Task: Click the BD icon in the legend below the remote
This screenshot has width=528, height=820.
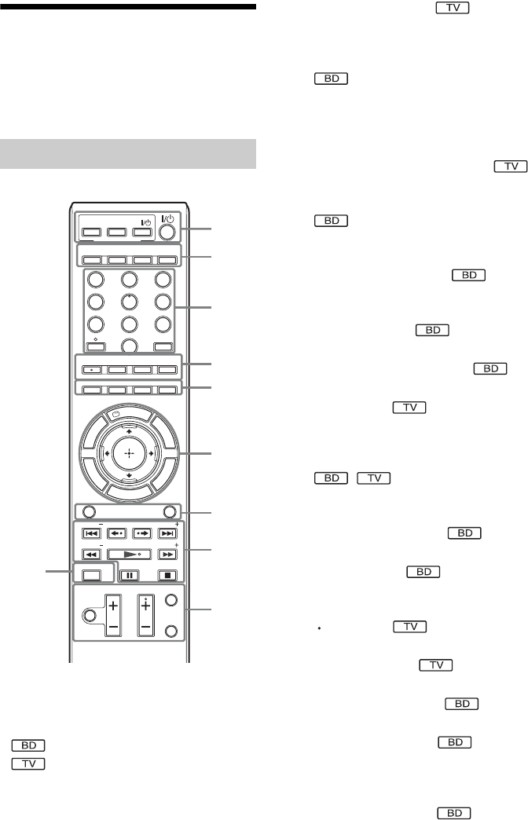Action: pos(29,747)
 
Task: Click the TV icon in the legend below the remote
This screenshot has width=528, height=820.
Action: pos(29,763)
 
